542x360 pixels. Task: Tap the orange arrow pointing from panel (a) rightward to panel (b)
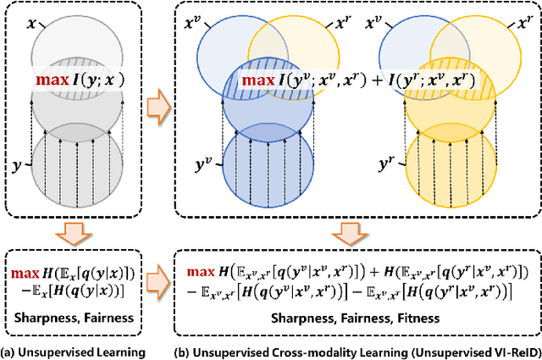(x=156, y=107)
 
